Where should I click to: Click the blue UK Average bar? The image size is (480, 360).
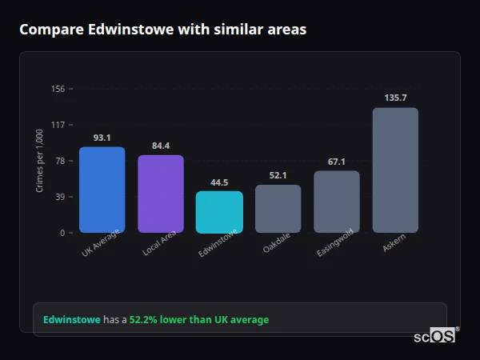coord(102,190)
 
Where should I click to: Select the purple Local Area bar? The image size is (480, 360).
coord(161,194)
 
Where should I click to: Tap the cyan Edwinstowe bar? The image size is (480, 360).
coord(219,212)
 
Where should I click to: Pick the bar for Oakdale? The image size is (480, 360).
coord(278,209)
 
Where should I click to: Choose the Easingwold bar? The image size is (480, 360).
coord(336,202)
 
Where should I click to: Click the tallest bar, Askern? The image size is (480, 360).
coord(395,170)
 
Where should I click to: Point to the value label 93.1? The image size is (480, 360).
coord(102,138)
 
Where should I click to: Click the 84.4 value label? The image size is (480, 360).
coord(161,146)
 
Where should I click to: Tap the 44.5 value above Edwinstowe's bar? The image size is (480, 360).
coord(219,182)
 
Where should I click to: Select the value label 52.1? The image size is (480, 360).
coord(278,175)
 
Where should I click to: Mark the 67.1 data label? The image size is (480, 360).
coord(336,162)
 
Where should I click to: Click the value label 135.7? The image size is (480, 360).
coord(395,98)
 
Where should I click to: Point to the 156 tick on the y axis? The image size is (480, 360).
coord(58,89)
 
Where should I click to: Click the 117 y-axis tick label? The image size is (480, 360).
coord(58,125)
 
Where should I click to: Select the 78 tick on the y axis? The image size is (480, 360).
coord(60,161)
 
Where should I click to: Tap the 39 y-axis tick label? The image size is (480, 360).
coord(60,197)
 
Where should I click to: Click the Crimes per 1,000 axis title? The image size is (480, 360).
coord(40,161)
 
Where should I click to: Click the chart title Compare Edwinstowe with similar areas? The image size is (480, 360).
coord(162,30)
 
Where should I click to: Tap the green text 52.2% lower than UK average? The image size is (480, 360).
coord(199,319)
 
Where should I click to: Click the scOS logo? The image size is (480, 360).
coord(435,336)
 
